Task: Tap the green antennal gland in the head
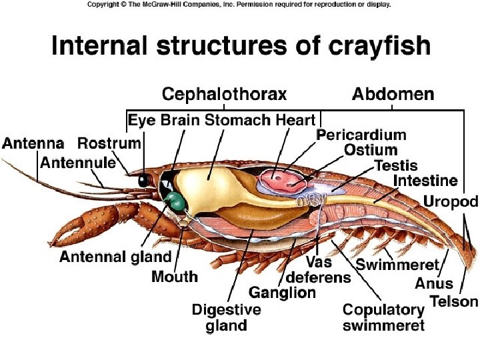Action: [175, 201]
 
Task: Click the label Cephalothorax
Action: [224, 94]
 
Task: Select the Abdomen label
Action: [393, 94]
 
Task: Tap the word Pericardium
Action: [361, 135]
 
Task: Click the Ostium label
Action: [370, 150]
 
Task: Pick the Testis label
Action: [396, 165]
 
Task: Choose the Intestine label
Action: [425, 181]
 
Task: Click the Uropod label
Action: [451, 201]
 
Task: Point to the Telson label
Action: [454, 301]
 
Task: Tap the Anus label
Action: [433, 284]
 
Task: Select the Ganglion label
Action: [282, 292]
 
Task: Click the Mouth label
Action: [175, 276]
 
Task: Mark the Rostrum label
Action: [109, 143]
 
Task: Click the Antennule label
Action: [77, 162]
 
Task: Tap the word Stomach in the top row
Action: [237, 121]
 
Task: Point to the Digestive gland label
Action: [227, 317]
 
